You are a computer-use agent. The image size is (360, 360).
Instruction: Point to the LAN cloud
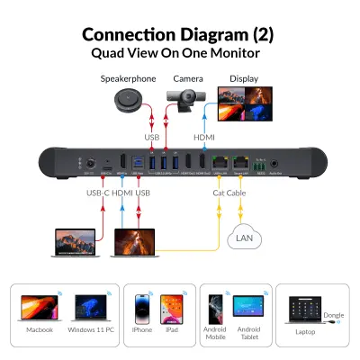[x=244, y=238]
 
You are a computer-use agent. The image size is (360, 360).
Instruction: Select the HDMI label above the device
[x=204, y=137]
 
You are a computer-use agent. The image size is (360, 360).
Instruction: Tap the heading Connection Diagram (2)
[x=180, y=35]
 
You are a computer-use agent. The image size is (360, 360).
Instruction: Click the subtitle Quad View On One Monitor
[x=180, y=52]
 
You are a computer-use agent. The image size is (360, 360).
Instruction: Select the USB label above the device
[x=152, y=137]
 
